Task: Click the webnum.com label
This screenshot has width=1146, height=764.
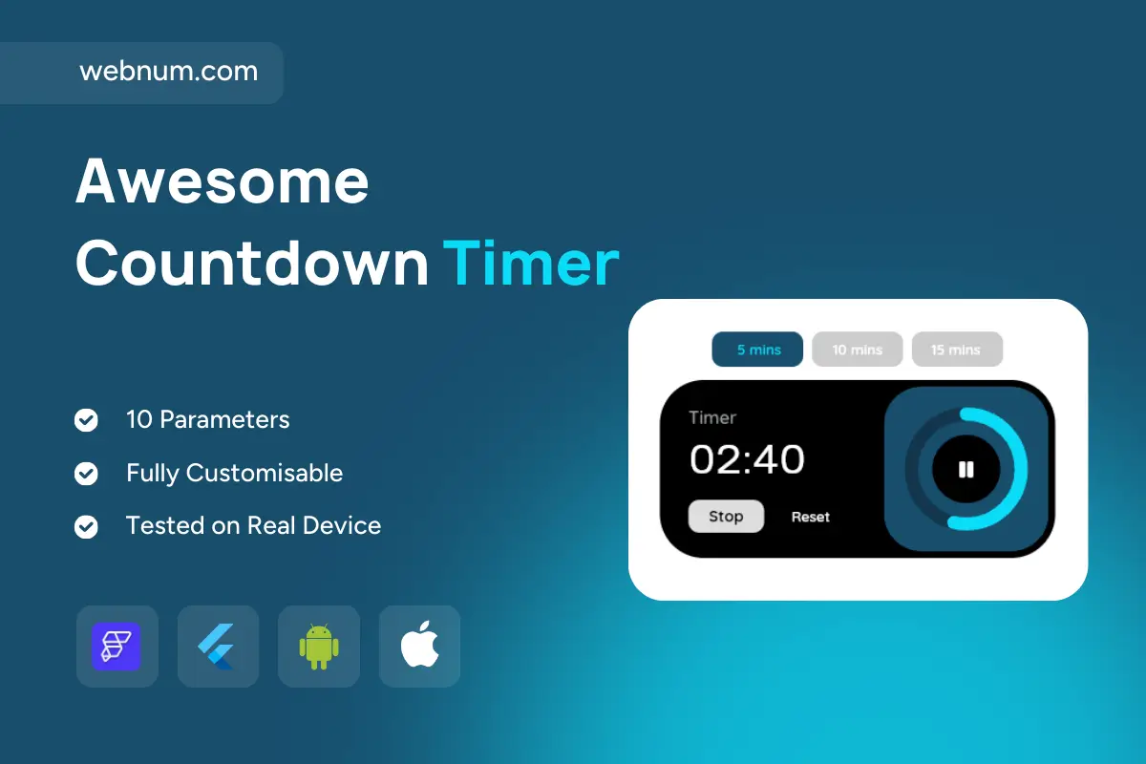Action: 168,71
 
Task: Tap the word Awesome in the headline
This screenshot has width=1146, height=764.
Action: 222,181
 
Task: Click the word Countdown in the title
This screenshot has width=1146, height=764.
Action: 252,263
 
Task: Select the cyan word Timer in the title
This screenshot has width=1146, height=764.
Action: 531,263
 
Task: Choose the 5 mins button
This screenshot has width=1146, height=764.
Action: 757,349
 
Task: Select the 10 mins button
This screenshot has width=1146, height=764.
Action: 857,349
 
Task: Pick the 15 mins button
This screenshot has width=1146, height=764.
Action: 957,349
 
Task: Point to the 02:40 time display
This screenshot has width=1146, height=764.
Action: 747,459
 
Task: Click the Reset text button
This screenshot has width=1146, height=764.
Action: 811,517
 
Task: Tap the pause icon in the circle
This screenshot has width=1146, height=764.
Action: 966,469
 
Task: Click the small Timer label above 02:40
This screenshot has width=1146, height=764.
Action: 712,417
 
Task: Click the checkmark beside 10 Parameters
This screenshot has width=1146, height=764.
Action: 86,420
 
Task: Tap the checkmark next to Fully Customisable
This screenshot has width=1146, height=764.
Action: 86,474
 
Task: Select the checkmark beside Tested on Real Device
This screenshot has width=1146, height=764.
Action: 86,526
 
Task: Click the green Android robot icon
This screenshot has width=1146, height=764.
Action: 319,647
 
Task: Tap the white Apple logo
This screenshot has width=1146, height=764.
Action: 419,645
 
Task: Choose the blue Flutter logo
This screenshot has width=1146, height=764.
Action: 216,647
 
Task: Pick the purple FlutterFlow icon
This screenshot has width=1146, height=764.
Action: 117,647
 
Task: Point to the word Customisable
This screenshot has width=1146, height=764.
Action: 264,473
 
